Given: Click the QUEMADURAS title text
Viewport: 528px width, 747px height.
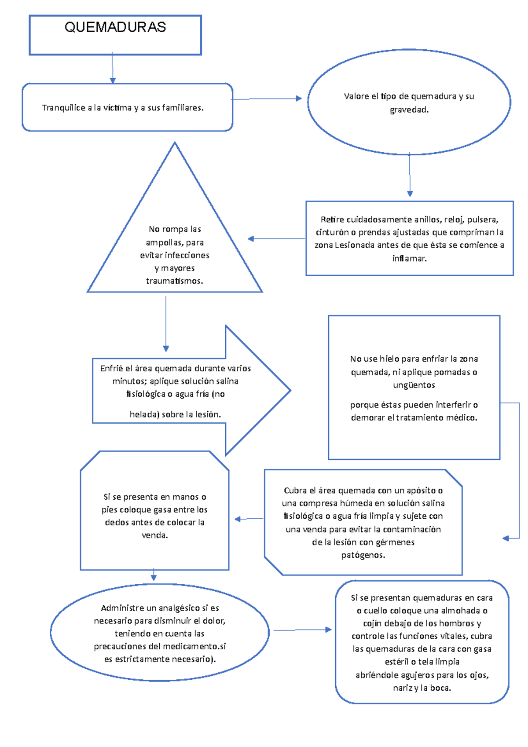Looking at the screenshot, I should [x=115, y=27].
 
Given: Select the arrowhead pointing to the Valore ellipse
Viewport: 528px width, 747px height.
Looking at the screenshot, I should [x=299, y=99].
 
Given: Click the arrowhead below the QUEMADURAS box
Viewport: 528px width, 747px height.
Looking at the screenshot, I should [x=113, y=81].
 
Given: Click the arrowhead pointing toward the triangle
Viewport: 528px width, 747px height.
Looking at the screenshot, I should [x=251, y=239].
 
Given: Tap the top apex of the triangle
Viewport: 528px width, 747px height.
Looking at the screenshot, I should [x=175, y=143].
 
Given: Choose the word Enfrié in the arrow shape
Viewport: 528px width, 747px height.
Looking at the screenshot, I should [x=111, y=368].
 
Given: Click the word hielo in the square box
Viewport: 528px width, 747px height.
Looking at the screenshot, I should [x=389, y=359].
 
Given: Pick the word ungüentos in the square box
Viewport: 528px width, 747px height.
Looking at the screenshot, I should [x=414, y=385].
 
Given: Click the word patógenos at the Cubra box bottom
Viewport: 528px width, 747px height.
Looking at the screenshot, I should [x=363, y=555].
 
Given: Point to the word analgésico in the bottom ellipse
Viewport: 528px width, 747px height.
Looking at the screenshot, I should [x=179, y=608].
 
